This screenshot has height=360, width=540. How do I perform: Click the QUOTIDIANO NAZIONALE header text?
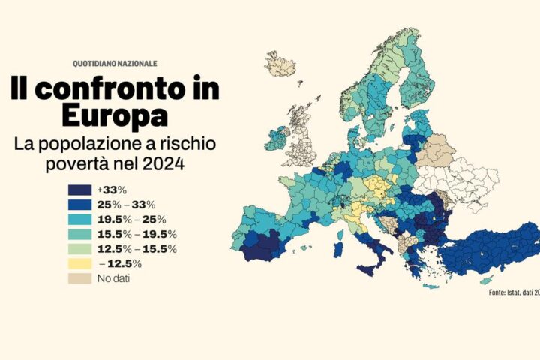(x=115, y=63)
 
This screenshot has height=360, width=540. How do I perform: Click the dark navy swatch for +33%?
(x=79, y=190)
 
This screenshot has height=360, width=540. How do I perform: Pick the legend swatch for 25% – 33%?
(x=79, y=205)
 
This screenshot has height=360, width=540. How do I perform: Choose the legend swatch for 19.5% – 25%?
(x=79, y=220)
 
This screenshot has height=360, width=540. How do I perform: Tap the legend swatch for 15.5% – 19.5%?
(x=79, y=234)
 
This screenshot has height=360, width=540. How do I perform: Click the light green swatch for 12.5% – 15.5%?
(x=79, y=249)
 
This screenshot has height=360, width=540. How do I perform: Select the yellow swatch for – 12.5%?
(x=79, y=263)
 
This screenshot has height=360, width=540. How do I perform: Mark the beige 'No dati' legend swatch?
(x=79, y=278)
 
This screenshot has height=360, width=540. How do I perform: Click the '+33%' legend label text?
(x=111, y=190)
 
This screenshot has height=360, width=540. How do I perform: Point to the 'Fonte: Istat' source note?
(x=513, y=292)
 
